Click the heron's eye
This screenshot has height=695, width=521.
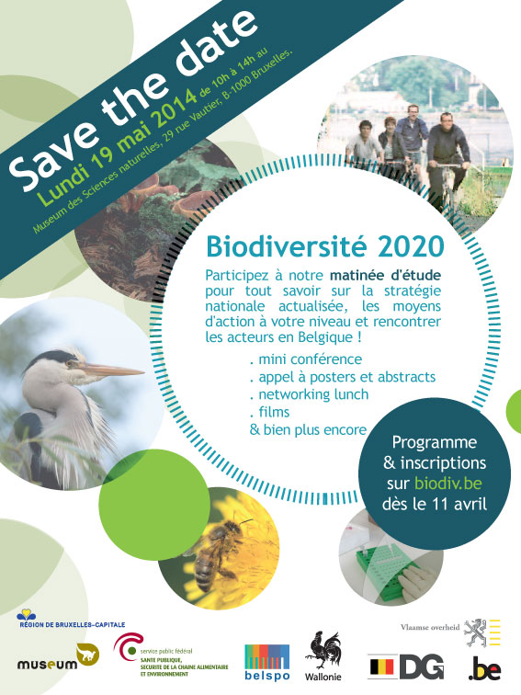pos(69,364)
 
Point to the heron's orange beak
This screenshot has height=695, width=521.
pos(112,370)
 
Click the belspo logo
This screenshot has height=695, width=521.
pos(267,662)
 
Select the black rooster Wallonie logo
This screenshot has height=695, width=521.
pos(323,655)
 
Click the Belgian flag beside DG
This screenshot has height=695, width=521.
pos(381,668)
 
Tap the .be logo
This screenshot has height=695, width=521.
pos(484,669)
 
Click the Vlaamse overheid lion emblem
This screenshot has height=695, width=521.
pos(475,632)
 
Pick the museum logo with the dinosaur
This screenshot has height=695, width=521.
pos(58,657)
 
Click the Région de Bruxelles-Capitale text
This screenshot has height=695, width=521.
pos(73,625)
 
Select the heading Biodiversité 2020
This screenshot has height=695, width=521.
pos(324,247)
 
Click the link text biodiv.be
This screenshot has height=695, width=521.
pos(447,483)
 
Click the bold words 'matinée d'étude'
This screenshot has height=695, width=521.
pos(385,275)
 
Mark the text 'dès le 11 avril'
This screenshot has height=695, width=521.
pos(434,504)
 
